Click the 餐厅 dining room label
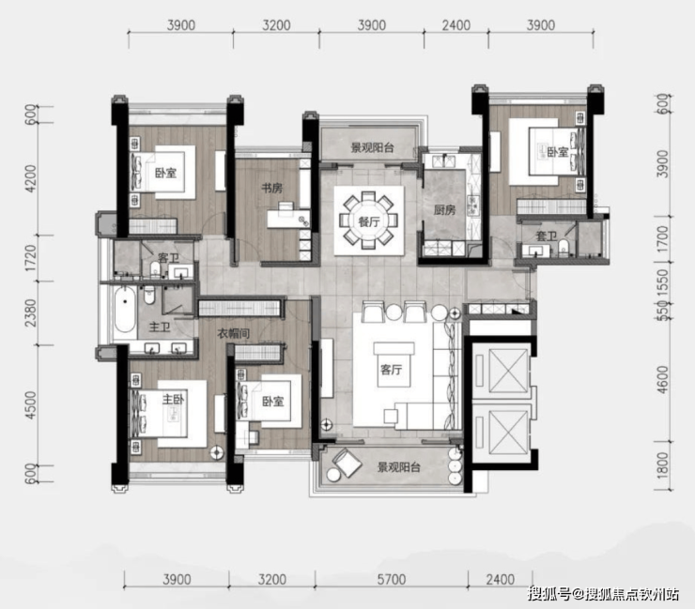pos(369,221)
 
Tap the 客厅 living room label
pos(392,369)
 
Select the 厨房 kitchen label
pos(444,210)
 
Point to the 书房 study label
pos(272,189)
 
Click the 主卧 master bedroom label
pos(173,399)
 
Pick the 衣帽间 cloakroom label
pos(233,333)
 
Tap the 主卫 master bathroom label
pos(160,327)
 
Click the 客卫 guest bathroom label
pos(168,258)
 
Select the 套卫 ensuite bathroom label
pos(546,236)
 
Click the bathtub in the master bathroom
pos(125,309)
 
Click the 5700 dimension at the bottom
pos(392,579)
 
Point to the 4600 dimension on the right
pos(662,380)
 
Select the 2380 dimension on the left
pos(30,312)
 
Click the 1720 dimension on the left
pos(30,258)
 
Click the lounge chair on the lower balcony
pos(347,463)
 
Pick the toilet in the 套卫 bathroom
pos(563,248)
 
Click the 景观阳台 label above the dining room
pos(372,148)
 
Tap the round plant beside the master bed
pos(217,452)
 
